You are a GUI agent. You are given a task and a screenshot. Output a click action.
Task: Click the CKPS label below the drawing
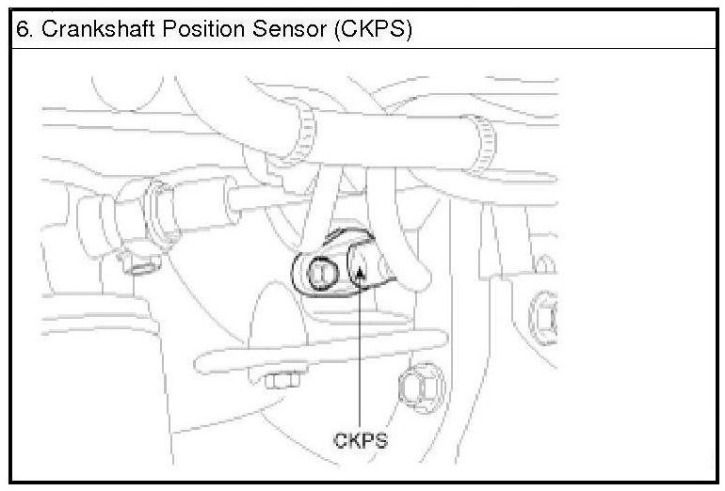[x=362, y=439]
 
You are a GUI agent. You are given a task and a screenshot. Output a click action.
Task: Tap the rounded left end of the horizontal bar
[x=202, y=361]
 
